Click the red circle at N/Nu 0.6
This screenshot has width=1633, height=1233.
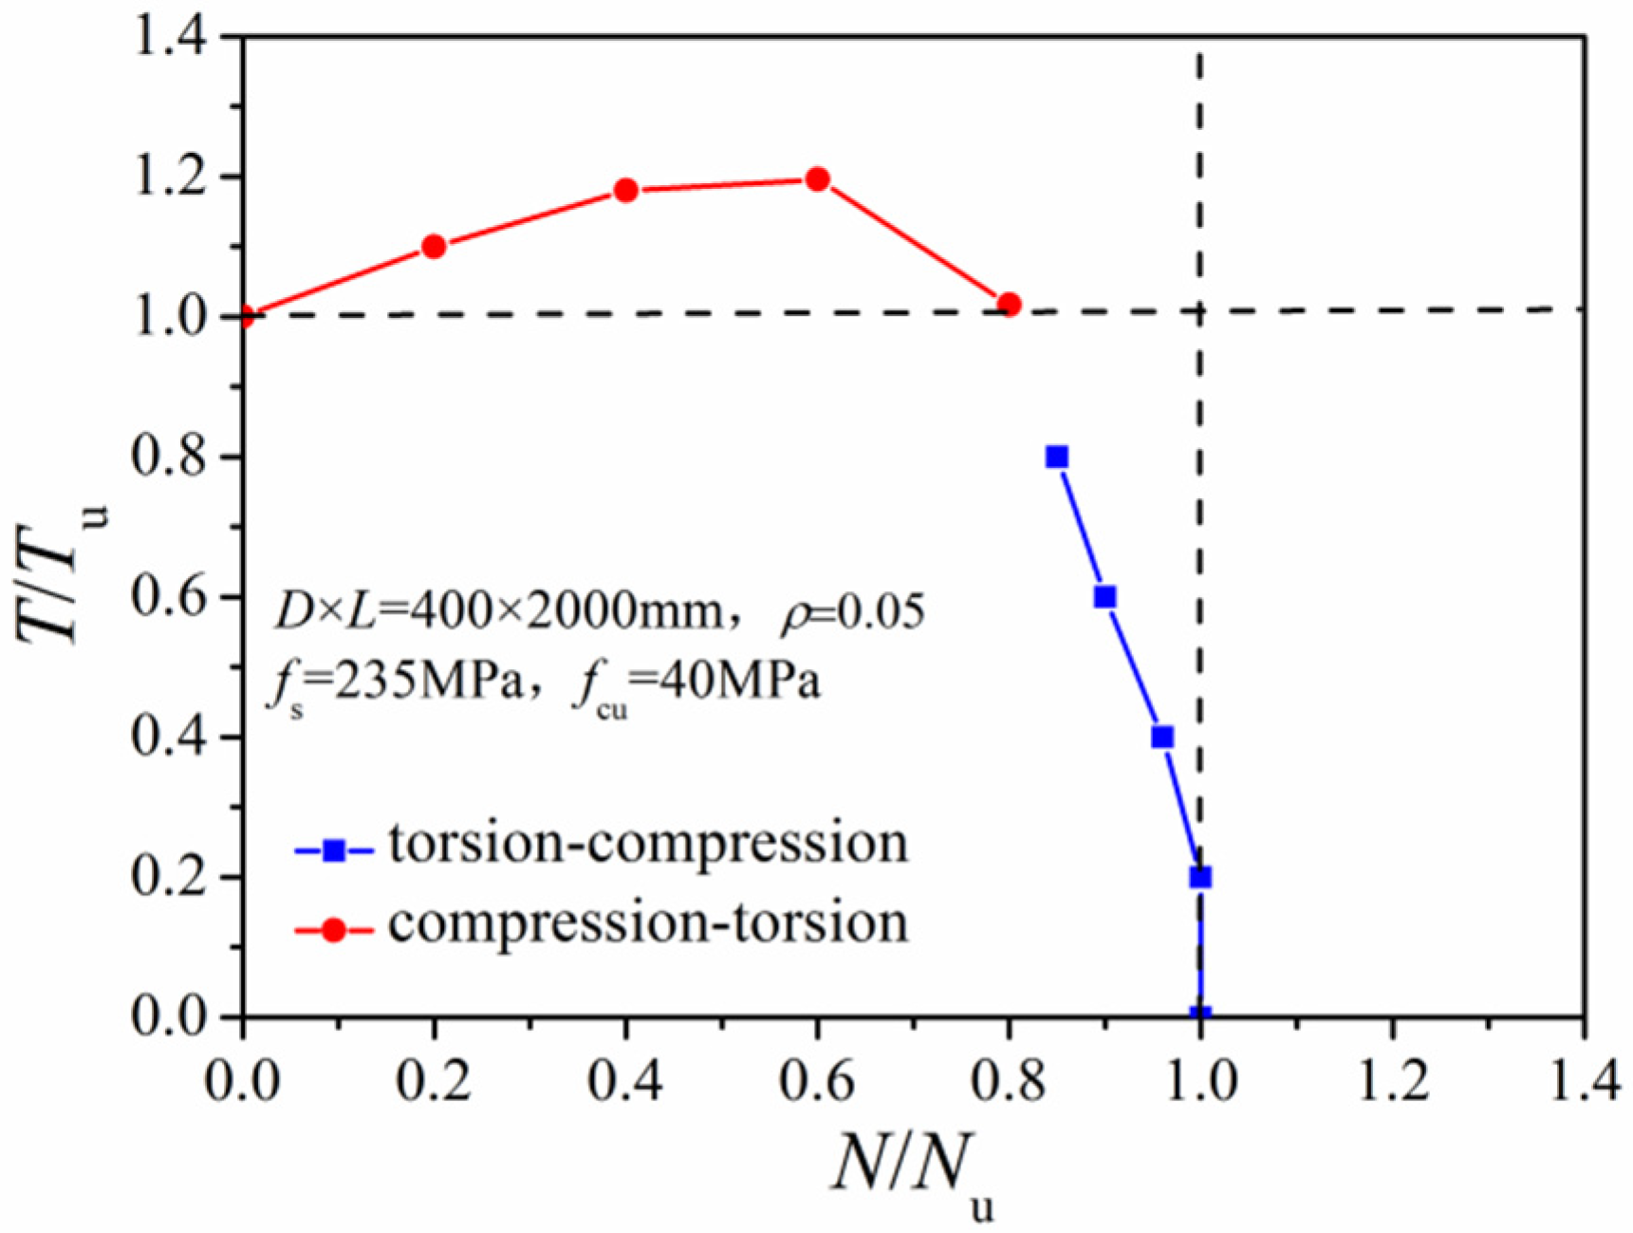pyautogui.click(x=817, y=178)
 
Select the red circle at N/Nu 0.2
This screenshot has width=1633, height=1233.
pyautogui.click(x=434, y=247)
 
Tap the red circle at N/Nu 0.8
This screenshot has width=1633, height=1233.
pyautogui.click(x=1010, y=305)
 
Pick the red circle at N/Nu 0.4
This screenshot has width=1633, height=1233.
pyautogui.click(x=625, y=190)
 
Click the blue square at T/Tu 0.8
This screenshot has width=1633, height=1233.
pyautogui.click(x=1057, y=458)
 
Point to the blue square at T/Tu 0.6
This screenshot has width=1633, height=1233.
pyautogui.click(x=1105, y=597)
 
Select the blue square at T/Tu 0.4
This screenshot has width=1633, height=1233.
pyautogui.click(x=1162, y=737)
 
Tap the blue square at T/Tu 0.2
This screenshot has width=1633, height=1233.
pyautogui.click(x=1200, y=877)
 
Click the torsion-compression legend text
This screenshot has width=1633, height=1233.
pyautogui.click(x=648, y=845)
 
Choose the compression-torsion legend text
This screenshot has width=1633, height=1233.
pyautogui.click(x=648, y=924)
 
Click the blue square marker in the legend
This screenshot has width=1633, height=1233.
pyautogui.click(x=334, y=850)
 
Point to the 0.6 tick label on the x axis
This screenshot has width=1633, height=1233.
pyautogui.click(x=816, y=1081)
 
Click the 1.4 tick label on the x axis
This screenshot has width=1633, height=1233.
pyautogui.click(x=1583, y=1081)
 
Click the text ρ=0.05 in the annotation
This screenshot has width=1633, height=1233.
pyautogui.click(x=851, y=612)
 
